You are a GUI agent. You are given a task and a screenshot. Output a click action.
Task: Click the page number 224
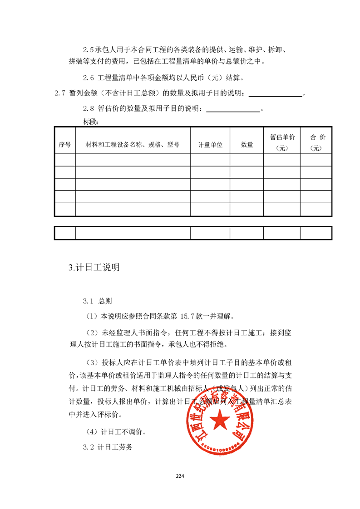pyautogui.click(x=180, y=476)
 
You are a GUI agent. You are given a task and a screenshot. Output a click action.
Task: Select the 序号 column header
pyautogui.click(x=64, y=145)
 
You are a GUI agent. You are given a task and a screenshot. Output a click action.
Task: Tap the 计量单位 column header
pyautogui.click(x=210, y=145)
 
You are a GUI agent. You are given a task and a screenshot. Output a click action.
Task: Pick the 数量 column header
pyautogui.click(x=247, y=145)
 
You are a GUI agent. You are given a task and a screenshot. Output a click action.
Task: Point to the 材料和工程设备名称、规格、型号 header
pyautogui.click(x=132, y=145)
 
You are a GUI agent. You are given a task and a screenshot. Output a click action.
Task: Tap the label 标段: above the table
pyautogui.click(x=91, y=122)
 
